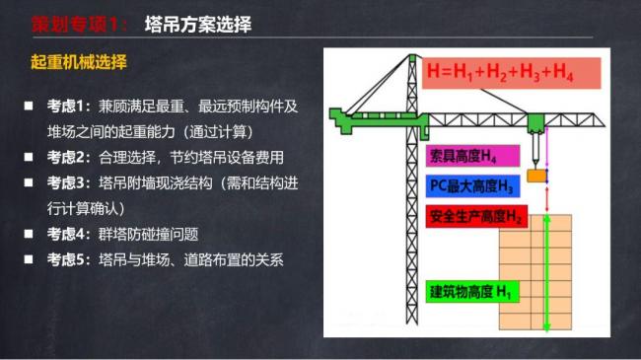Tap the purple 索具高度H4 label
(462, 157)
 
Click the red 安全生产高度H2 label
(475, 215)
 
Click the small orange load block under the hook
(536, 176)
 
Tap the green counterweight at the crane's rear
(346, 117)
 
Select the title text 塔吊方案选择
(196, 25)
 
